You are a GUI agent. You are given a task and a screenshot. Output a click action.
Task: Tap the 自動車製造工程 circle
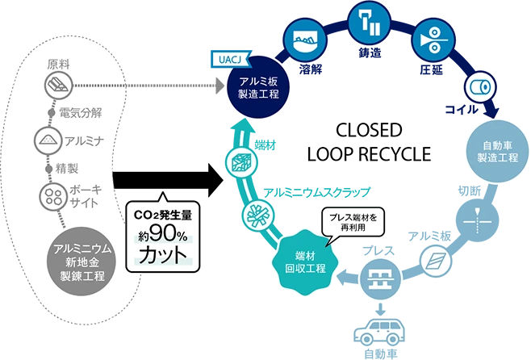point(494,150)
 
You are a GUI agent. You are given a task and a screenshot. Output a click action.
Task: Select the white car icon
point(378,330)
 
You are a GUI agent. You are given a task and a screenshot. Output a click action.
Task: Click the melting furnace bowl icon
point(304,39)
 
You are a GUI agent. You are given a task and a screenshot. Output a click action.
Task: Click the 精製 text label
point(67,168)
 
